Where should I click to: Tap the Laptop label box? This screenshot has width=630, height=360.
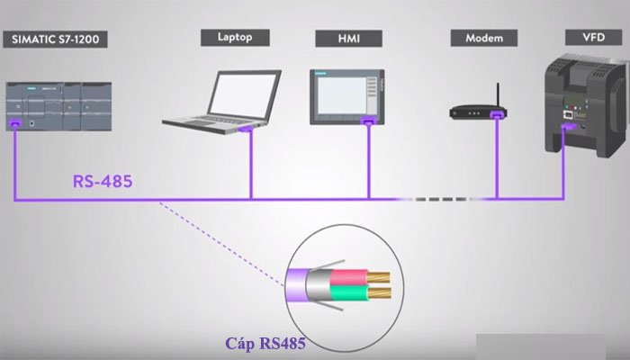(236, 37)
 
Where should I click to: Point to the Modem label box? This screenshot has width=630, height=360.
(483, 39)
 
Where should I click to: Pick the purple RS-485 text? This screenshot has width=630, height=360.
(102, 182)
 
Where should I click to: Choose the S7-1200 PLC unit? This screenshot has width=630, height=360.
(64, 106)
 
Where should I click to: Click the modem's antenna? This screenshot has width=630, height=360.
(496, 94)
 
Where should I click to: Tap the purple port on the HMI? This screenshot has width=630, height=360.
(367, 120)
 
